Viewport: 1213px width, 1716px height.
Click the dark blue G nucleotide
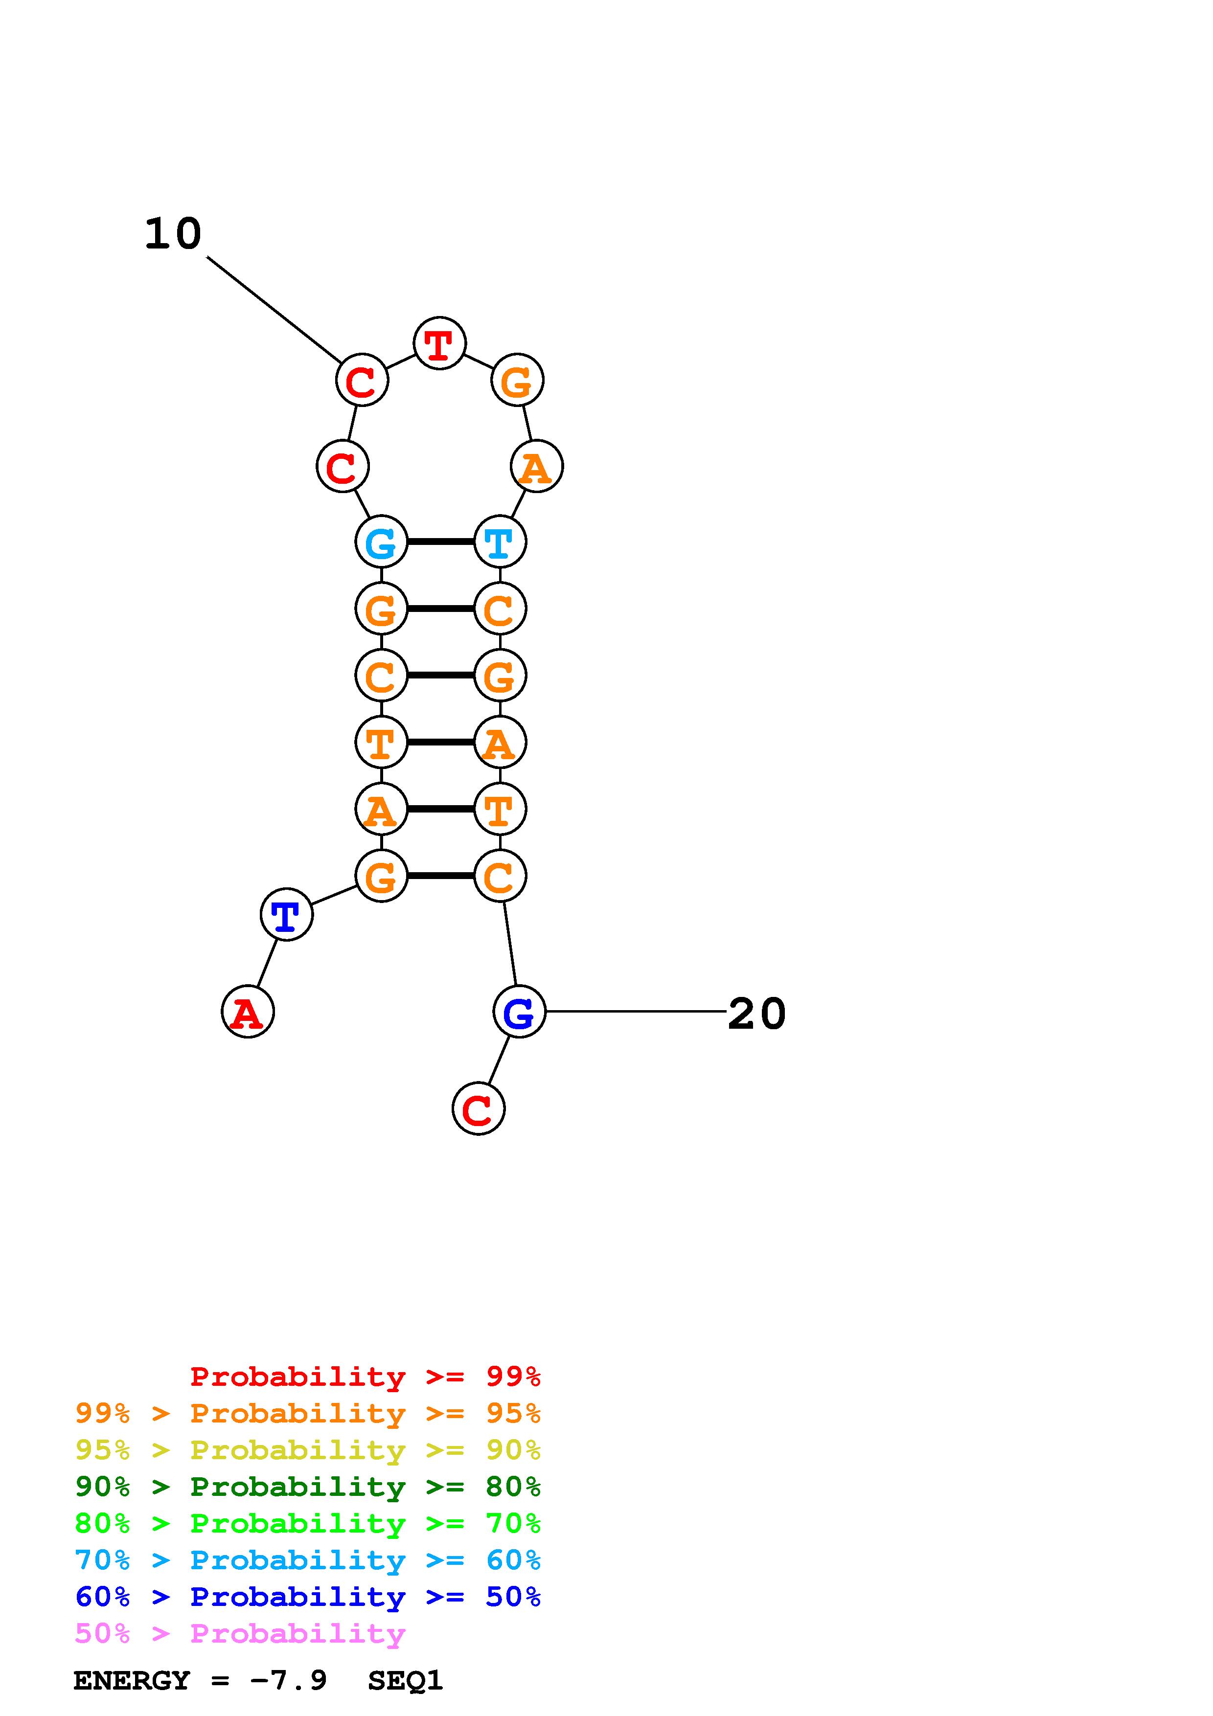click(520, 1012)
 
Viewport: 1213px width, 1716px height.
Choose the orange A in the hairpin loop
click(537, 467)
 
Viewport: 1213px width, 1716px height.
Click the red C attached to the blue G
click(479, 1108)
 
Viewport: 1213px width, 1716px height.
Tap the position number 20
click(756, 1014)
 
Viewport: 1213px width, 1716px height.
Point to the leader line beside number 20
click(635, 1012)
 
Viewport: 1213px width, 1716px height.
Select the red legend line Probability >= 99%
click(366, 1377)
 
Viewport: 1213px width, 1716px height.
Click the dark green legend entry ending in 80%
click(308, 1487)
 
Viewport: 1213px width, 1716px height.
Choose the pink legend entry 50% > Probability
click(240, 1634)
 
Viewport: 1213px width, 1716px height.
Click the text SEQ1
click(405, 1681)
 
